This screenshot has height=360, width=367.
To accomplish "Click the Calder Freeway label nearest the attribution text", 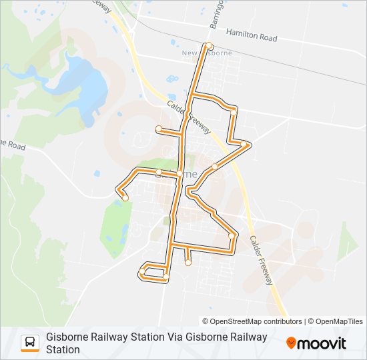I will click(262, 260).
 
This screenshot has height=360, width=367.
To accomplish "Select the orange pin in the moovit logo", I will click(292, 343).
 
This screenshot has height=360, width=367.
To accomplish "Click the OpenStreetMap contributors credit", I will click(256, 321).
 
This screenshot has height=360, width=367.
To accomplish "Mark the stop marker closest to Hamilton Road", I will click(210, 46).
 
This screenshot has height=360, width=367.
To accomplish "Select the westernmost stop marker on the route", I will click(125, 197).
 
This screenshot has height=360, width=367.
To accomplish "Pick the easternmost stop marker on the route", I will click(247, 144).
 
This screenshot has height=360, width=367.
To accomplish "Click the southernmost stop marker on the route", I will click(166, 277).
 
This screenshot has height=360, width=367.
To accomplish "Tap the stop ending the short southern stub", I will click(188, 263).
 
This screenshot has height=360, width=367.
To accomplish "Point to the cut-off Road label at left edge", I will click(12, 145).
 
